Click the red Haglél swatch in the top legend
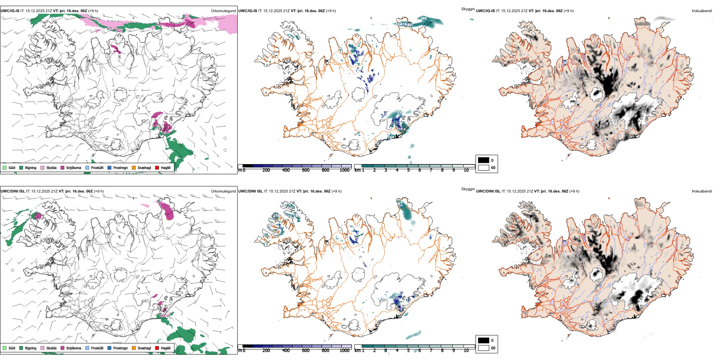(157, 168)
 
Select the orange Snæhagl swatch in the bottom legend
(134, 348)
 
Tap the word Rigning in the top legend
(31, 168)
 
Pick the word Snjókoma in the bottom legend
(74, 348)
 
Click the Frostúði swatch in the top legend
(88, 168)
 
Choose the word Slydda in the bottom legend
(52, 348)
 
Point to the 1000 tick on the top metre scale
(344, 170)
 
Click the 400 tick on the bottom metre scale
(286, 351)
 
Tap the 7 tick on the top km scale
(431, 170)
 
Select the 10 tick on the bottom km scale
(466, 351)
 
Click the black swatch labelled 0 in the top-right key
(484, 160)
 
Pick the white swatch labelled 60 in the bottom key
(484, 348)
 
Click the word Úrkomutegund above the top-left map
(223, 11)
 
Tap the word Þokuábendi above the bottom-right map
(702, 191)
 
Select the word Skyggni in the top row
(468, 9)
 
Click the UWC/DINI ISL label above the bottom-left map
(13, 191)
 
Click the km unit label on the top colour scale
(357, 170)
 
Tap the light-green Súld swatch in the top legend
(5, 168)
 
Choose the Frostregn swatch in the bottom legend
(110, 348)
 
